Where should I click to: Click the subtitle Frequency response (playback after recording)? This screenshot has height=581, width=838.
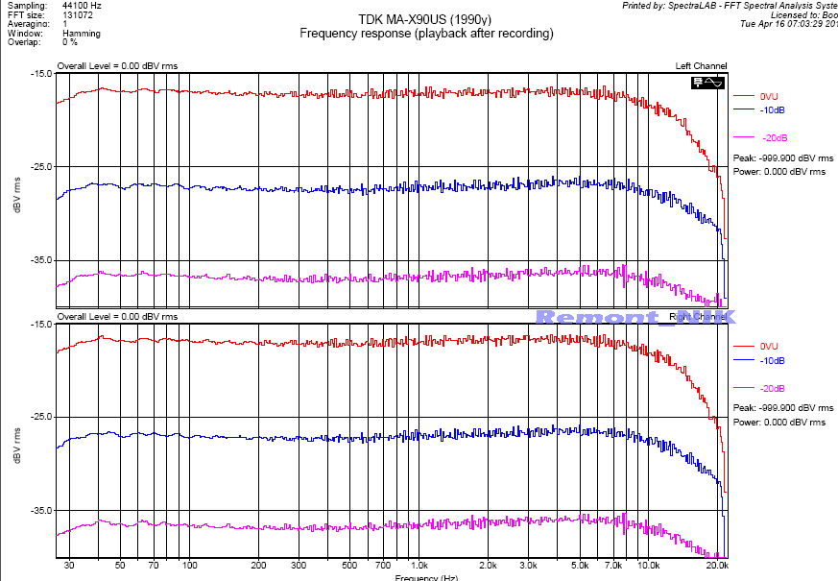[426, 34]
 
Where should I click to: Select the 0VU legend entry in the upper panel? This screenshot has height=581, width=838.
[768, 97]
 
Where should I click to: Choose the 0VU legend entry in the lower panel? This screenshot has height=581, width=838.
[768, 346]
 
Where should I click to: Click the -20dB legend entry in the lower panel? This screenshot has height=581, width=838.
[772, 388]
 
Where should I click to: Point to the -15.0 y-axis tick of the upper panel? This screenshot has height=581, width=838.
[39, 74]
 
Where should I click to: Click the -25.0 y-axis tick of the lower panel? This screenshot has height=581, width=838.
[39, 417]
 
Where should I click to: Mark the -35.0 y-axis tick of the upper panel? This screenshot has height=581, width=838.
[39, 260]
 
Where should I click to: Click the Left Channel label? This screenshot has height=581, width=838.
[701, 66]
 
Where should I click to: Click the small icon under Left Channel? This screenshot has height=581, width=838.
[708, 84]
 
